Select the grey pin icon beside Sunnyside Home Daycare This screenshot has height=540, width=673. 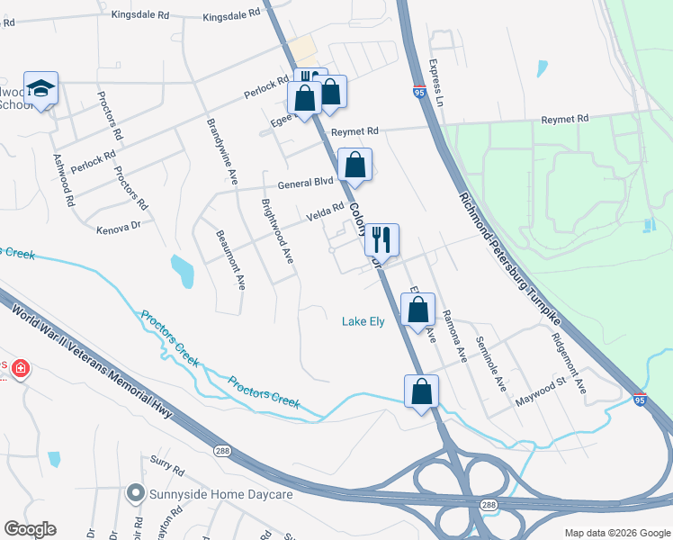(x=136, y=493)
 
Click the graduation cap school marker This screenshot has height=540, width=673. (x=40, y=88)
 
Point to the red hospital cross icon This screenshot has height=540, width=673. (x=20, y=369)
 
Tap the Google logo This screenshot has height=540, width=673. (x=30, y=529)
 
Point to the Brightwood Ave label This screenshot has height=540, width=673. (x=276, y=231)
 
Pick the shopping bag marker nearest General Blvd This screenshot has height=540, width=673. (x=355, y=166)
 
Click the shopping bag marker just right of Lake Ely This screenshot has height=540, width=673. (x=418, y=310)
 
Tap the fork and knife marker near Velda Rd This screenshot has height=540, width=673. (x=381, y=240)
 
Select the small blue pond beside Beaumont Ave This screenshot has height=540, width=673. (x=182, y=270)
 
